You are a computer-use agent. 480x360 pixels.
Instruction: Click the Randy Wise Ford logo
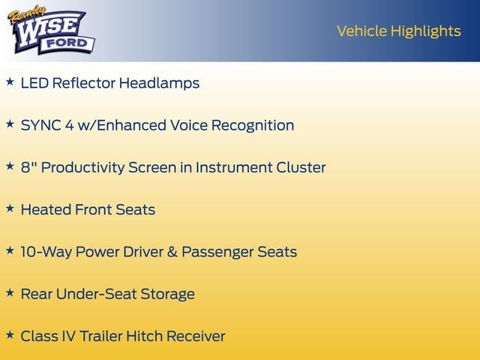pyautogui.click(x=52, y=31)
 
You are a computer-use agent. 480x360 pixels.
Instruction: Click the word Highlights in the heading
pyautogui.click(x=425, y=31)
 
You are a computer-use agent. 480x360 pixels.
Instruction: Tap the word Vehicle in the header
pyautogui.click(x=361, y=31)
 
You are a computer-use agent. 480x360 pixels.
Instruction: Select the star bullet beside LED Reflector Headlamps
pyautogui.click(x=10, y=82)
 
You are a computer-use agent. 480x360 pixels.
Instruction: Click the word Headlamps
pyautogui.click(x=159, y=83)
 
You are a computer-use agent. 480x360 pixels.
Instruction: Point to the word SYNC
pyautogui.click(x=40, y=125)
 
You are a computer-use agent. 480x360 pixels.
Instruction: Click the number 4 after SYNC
pyautogui.click(x=70, y=125)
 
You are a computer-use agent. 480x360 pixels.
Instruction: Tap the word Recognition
pyautogui.click(x=253, y=125)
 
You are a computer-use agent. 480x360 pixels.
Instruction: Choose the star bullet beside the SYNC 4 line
pyautogui.click(x=10, y=124)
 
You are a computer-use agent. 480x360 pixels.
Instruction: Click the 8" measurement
pyautogui.click(x=28, y=167)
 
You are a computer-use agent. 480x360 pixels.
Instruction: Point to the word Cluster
pyautogui.click(x=301, y=167)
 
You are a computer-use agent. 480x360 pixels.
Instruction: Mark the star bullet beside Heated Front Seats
pyautogui.click(x=10, y=208)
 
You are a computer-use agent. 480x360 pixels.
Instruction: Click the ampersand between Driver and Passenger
pyautogui.click(x=172, y=252)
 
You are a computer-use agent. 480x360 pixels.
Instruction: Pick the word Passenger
pyautogui.click(x=217, y=252)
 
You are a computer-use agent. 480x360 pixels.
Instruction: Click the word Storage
pyautogui.click(x=167, y=294)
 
